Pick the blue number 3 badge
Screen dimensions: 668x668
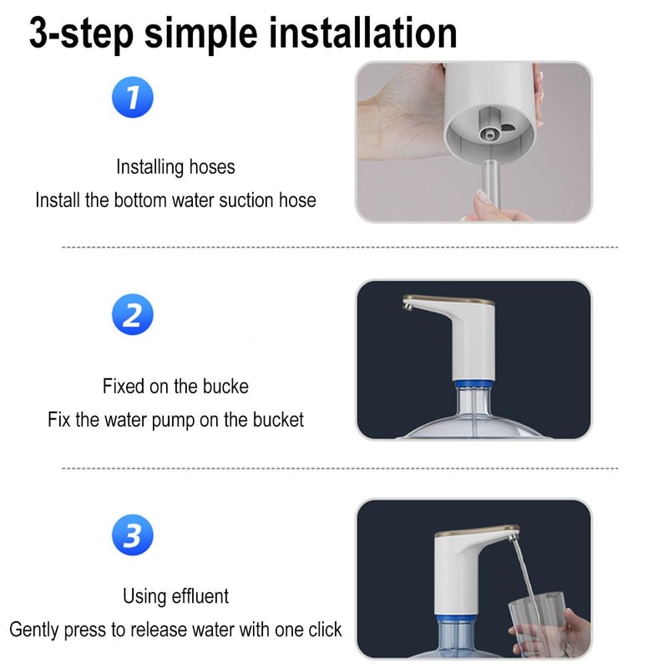click(x=132, y=535)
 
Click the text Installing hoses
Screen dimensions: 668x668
click(x=175, y=167)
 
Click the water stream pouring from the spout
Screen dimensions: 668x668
click(x=523, y=576)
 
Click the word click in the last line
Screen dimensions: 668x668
click(x=321, y=630)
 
